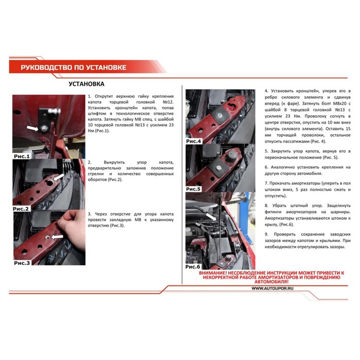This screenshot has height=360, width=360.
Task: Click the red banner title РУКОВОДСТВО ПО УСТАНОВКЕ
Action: tap(74, 67)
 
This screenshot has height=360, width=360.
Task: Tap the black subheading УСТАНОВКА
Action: tap(86, 84)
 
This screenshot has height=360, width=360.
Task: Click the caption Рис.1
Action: tap(22, 156)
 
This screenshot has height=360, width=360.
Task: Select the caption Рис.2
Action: tap(21, 209)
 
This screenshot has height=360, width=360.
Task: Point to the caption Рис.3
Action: tap(22, 263)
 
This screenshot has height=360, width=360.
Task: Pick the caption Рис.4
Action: tap(193, 141)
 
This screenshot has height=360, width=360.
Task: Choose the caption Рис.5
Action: tap(193, 189)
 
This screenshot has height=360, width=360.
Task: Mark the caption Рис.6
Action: tap(193, 266)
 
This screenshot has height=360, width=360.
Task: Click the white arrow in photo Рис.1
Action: tap(33, 129)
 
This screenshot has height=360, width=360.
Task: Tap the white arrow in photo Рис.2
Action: tap(59, 177)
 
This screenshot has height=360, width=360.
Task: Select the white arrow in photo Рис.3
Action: tap(57, 237)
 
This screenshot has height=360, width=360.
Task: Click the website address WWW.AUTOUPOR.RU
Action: tap(272, 289)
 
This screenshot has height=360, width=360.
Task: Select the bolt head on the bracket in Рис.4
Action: tap(220, 115)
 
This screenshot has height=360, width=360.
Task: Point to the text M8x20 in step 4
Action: tap(340, 103)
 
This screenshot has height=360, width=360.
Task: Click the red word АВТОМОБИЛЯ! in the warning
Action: tap(272, 282)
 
